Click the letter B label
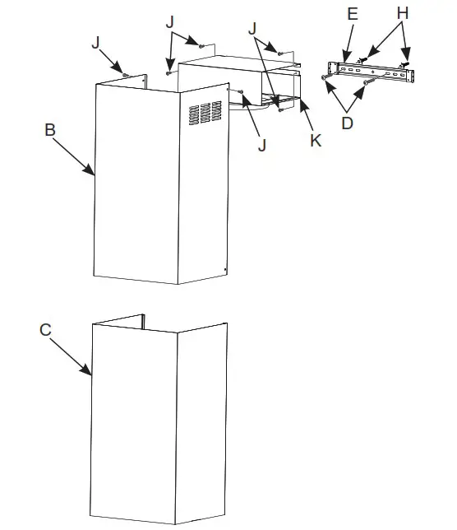[50, 129]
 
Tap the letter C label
[46, 329]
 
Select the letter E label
[353, 15]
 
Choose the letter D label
[348, 123]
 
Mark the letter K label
[315, 140]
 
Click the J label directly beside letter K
[263, 145]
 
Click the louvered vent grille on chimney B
[205, 113]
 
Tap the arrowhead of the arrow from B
[95, 174]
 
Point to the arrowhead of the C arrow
[91, 374]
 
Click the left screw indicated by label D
[326, 76]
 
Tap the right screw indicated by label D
[367, 82]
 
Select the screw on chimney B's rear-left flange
[124, 75]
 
